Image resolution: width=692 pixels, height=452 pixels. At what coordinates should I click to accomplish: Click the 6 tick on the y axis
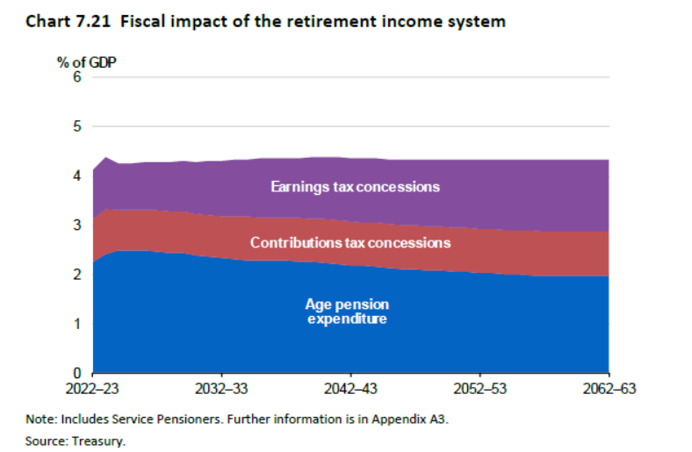point(76,77)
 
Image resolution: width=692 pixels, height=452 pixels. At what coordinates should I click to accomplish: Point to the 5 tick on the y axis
point(76,126)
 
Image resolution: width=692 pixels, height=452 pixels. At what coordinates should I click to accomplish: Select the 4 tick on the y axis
point(76,176)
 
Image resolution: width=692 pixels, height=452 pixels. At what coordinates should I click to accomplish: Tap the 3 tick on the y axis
point(76,225)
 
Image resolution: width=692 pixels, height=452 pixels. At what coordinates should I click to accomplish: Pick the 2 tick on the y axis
point(76,275)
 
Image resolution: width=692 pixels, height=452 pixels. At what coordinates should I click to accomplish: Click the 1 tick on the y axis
point(76,324)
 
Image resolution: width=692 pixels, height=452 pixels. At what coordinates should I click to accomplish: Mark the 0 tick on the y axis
point(76,373)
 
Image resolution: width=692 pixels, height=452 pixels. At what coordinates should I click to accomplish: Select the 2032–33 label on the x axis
point(221,387)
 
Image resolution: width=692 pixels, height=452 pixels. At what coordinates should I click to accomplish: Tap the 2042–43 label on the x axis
point(350,387)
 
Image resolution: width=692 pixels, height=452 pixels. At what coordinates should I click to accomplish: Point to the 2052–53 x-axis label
point(480,387)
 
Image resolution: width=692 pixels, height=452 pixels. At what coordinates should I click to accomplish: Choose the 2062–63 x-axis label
point(609,387)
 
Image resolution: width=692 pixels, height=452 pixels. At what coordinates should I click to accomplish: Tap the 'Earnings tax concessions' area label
point(355,187)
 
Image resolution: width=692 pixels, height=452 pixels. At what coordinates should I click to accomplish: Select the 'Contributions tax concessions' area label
point(350,242)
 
